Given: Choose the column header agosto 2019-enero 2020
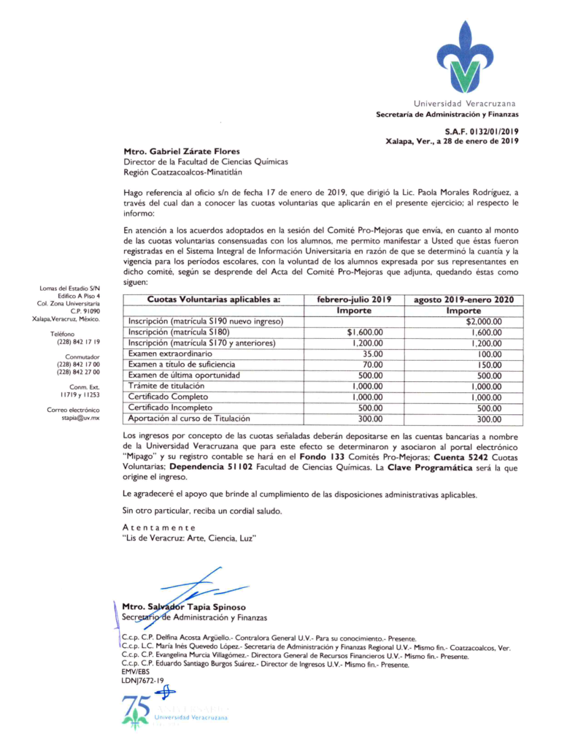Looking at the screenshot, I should pos(463,299).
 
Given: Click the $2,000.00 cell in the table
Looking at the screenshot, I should pos(485,321).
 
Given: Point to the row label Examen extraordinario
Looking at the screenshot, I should pos(164,354).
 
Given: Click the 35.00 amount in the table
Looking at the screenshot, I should pos(372,354).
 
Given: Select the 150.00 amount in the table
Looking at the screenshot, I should pos(489,365).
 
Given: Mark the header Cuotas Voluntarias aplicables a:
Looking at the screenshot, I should pos(204,299).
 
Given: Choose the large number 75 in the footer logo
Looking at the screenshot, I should pos(136,707).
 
